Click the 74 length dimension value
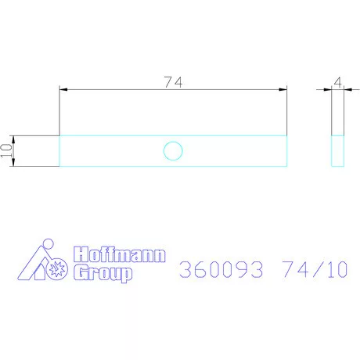pyautogui.click(x=173, y=81)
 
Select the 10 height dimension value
pyautogui.click(x=6, y=151)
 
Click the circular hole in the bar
pyautogui.click(x=173, y=150)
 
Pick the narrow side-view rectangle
pyautogui.click(x=338, y=150)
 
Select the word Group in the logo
pyautogui.click(x=103, y=272)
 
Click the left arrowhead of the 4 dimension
pyautogui.click(x=328, y=90)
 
